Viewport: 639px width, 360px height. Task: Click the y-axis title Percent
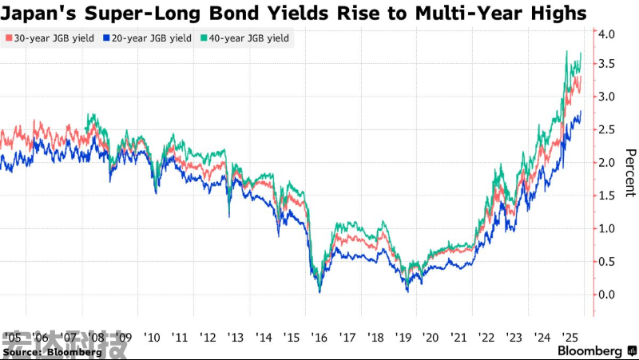[629, 172]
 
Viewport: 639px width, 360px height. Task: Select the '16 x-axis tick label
[318, 336]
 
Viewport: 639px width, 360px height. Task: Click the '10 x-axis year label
[151, 336]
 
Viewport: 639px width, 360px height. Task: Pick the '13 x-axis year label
[235, 336]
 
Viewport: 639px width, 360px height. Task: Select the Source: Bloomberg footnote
[52, 351]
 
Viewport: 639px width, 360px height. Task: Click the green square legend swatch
[204, 38]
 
